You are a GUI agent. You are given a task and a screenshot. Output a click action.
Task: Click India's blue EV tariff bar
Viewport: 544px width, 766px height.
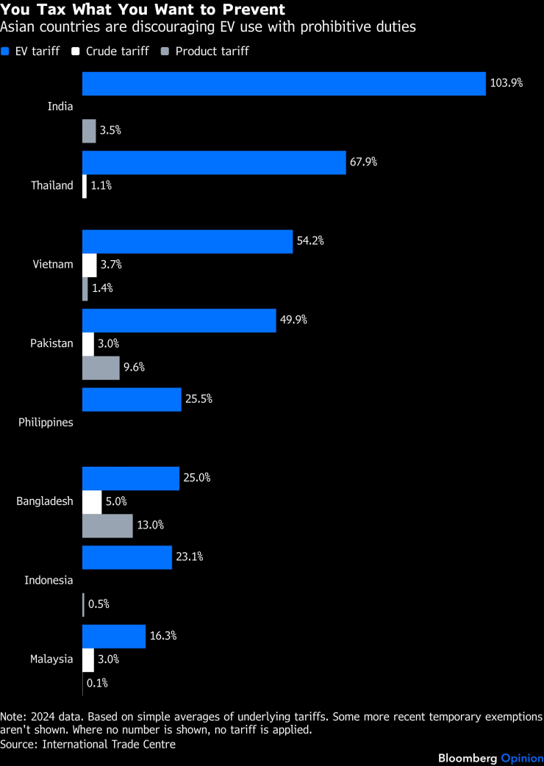pos(284,83)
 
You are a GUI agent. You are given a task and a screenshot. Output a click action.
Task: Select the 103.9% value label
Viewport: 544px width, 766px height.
pos(507,83)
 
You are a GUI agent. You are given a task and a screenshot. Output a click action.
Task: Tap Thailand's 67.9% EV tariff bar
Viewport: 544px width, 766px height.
pos(213,162)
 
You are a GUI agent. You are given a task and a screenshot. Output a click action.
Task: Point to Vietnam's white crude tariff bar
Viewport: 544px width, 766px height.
pos(89,265)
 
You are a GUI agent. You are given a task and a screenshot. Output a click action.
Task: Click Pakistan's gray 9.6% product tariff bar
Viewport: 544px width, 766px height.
pos(101,368)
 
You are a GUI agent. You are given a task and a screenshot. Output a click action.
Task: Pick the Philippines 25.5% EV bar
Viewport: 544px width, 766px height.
pos(132,399)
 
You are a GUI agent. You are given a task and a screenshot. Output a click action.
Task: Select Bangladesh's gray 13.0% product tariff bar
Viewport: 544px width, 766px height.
pos(107,526)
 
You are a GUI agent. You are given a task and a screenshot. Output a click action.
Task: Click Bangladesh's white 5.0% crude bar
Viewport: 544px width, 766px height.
pos(92,501)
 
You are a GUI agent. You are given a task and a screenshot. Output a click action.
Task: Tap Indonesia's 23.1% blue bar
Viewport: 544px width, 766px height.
pos(127,557)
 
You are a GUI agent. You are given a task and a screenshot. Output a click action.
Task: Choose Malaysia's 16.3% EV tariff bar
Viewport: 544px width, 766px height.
pos(114,636)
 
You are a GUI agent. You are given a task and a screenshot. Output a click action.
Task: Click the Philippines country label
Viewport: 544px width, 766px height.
pos(46,423)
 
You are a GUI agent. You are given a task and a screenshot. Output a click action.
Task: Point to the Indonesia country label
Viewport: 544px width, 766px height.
pos(49,581)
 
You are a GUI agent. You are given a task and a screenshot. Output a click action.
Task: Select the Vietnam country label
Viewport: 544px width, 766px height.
pos(53,265)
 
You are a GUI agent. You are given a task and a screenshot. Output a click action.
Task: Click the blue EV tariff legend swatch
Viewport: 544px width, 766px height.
pos(5,51)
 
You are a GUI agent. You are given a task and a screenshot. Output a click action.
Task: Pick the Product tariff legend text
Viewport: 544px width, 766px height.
pos(212,51)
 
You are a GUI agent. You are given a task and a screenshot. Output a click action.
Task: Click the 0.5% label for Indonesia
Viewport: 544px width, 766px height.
pos(99,604)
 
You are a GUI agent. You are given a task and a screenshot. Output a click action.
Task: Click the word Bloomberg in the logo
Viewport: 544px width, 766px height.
pos(468,758)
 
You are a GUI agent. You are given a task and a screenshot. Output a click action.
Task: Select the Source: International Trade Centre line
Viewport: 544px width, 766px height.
pos(88,744)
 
